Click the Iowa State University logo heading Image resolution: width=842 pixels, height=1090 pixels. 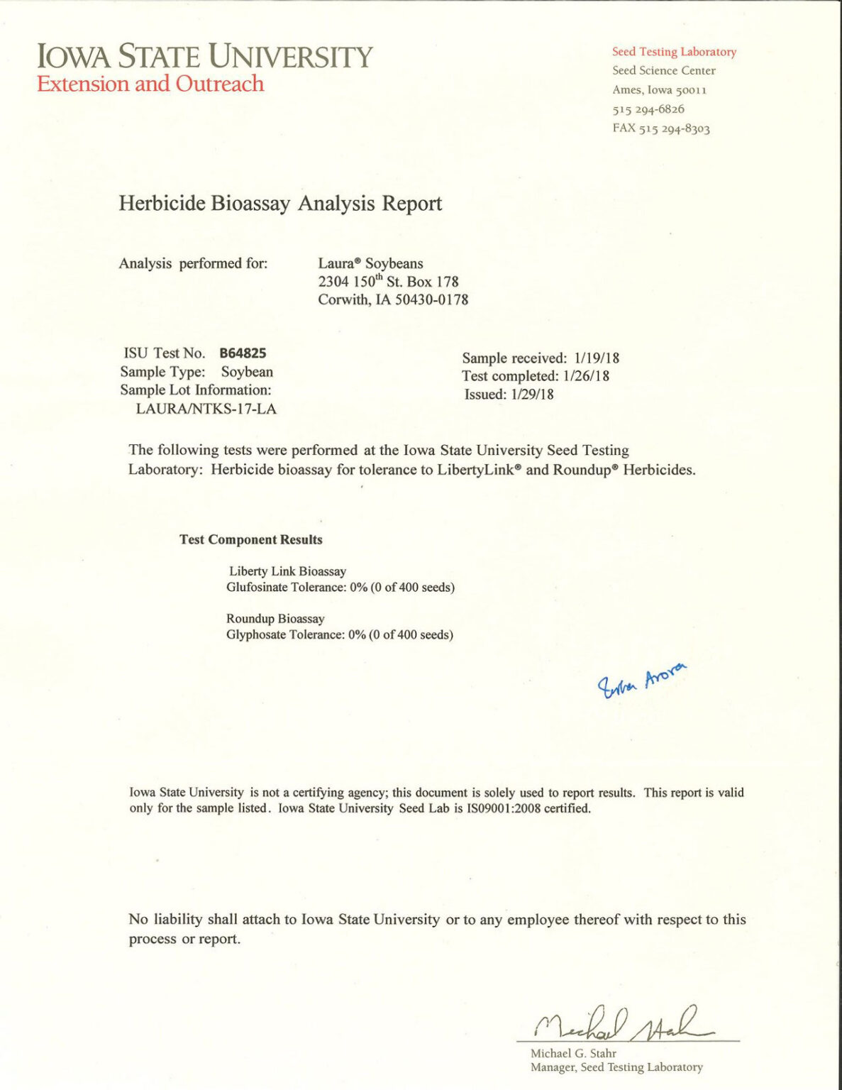(x=204, y=56)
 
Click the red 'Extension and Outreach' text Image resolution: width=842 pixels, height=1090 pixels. (x=150, y=84)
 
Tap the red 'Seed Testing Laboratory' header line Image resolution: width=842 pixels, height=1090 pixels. (x=674, y=52)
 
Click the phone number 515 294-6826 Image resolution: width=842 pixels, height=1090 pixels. (x=648, y=109)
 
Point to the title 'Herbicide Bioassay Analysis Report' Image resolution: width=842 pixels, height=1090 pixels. (x=280, y=204)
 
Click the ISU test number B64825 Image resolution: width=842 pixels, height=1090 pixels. (x=243, y=353)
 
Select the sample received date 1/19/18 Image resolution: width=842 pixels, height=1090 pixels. (x=597, y=358)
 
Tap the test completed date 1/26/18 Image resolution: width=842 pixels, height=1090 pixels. (x=586, y=376)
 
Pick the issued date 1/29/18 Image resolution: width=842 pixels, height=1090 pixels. (x=532, y=395)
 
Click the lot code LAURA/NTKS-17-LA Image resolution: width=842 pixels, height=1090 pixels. (x=206, y=409)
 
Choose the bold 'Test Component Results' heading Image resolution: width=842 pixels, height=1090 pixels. (x=251, y=539)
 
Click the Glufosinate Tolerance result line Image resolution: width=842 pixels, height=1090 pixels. (x=340, y=588)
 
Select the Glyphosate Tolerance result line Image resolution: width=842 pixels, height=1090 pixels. (x=340, y=634)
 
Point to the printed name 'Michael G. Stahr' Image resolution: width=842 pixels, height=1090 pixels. (x=573, y=1053)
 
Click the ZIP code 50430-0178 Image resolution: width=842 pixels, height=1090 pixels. (x=431, y=299)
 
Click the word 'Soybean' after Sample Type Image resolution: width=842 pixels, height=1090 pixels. (x=247, y=372)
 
